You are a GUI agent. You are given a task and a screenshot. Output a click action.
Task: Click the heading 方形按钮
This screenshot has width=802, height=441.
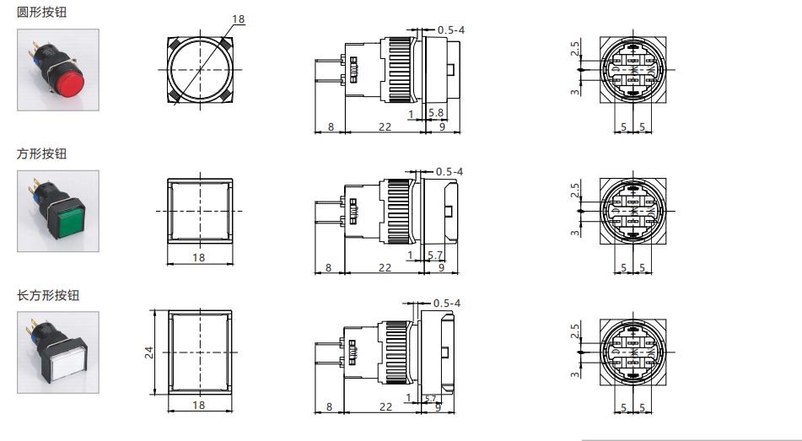pos(47,153)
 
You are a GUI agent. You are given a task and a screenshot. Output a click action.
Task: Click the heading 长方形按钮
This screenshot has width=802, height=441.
pos(53,296)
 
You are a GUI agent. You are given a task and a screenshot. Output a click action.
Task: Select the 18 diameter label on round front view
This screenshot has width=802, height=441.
pos(238,19)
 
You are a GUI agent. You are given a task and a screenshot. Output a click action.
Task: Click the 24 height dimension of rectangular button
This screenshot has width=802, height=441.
pos(149,351)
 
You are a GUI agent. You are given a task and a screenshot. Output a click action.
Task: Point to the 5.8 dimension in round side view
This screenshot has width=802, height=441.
pos(436,112)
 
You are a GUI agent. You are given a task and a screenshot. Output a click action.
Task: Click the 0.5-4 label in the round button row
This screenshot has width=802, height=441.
pos(449,30)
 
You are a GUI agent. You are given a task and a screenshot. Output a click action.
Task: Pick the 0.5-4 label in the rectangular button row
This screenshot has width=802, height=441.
pos(446,303)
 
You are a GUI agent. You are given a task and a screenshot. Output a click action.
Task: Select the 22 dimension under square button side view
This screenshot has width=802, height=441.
pos(384,267)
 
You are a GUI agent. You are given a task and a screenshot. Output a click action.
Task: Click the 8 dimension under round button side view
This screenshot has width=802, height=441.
pos(329,126)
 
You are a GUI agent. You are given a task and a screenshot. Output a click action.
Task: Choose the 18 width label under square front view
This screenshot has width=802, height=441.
pos(199,258)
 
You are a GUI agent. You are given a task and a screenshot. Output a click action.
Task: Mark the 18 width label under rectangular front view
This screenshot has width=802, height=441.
pos(199,406)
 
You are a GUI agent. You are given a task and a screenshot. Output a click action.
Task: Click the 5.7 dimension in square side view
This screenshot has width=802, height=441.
pos(436,255)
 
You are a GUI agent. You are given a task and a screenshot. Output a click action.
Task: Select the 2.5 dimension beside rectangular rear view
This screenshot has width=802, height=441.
pos(575,331)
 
